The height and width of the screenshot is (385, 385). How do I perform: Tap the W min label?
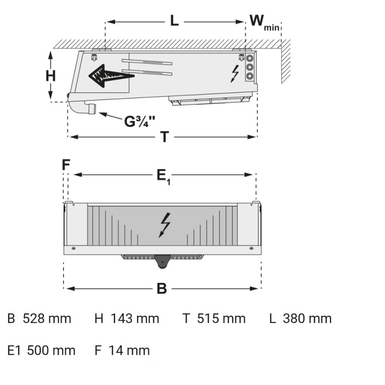264,23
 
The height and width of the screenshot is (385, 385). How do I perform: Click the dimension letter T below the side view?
165,137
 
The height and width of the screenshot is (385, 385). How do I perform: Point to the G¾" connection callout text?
140,121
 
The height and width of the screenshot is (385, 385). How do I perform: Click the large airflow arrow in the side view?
111,76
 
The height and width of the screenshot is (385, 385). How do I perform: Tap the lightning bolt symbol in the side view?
235,74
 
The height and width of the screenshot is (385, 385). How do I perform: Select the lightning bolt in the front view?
165,225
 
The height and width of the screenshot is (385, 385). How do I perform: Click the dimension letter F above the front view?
66,165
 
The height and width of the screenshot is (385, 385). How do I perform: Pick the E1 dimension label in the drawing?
163,177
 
